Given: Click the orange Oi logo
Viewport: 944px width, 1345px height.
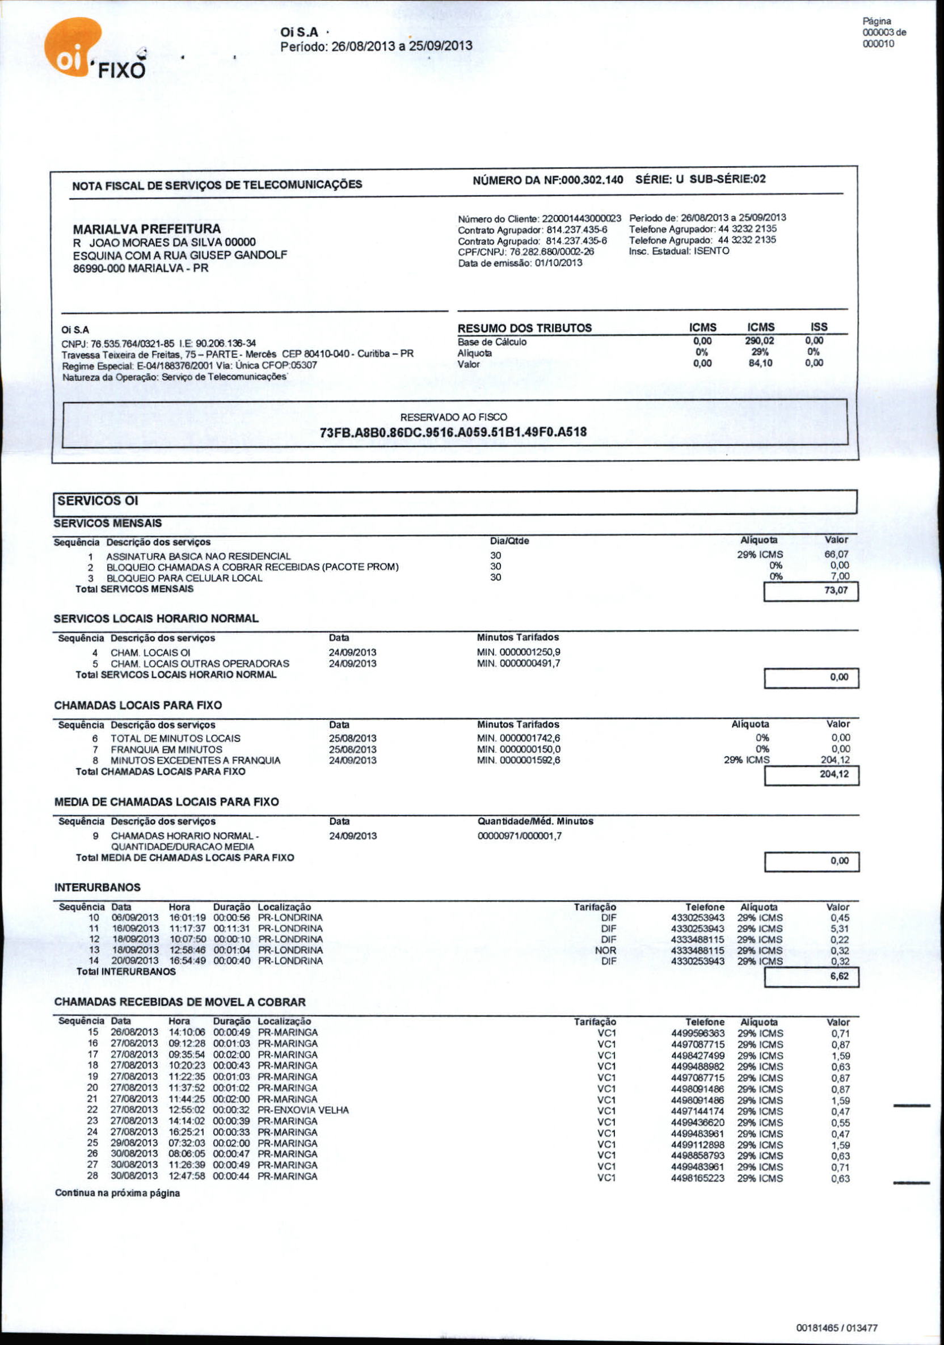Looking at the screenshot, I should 71,48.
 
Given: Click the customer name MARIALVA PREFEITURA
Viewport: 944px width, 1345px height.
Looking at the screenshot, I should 146,229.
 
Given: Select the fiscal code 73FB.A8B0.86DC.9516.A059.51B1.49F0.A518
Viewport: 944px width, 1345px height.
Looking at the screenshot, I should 453,432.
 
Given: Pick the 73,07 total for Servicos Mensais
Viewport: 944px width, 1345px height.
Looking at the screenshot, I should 836,591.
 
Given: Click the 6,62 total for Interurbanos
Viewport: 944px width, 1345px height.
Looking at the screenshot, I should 839,976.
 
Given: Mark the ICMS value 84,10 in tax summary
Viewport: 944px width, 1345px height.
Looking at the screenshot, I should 761,363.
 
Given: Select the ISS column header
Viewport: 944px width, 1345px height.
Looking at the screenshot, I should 819,327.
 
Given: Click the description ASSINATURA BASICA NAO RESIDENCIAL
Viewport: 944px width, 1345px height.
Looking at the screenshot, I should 198,556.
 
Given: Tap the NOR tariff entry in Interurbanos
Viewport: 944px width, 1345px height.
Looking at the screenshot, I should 605,951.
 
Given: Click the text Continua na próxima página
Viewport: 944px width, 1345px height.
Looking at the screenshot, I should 117,1194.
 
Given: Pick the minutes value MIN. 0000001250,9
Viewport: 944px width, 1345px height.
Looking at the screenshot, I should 519,652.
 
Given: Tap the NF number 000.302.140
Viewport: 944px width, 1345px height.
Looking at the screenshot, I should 592,179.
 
